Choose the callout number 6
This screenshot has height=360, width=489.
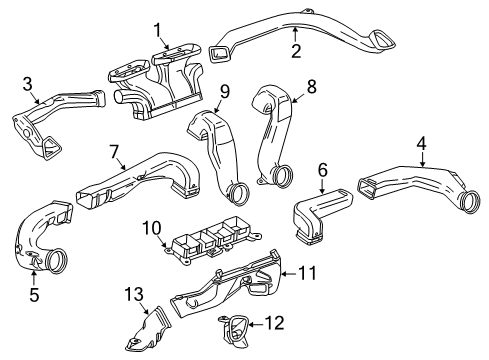coord(322,172)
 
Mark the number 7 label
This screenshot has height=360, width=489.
coord(114,151)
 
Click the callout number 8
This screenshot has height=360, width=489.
coord(311,87)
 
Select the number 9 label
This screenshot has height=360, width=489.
coord(225,91)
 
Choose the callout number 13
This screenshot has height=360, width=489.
coord(128,294)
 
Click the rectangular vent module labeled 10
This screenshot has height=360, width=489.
coord(211,247)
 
